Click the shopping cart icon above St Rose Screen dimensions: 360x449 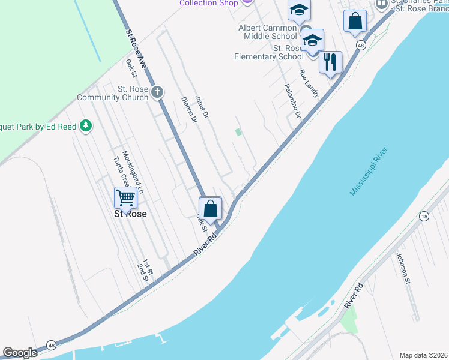(125, 197)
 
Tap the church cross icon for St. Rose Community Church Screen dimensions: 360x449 (157, 92)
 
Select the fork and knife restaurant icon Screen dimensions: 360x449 (330, 62)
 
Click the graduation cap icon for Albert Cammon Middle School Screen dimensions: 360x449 (298, 10)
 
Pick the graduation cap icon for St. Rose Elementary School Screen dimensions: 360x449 (312, 41)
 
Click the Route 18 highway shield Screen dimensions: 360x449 (424, 216)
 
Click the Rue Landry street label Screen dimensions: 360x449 (309, 83)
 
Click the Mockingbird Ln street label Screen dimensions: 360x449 (133, 172)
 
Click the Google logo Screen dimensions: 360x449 (20, 353)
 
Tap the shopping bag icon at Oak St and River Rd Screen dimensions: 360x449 (211, 209)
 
